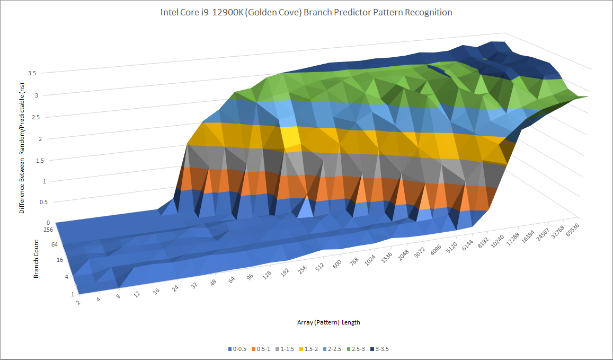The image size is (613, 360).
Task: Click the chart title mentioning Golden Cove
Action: [x=306, y=12]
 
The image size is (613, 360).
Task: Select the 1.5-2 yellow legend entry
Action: [x=313, y=349]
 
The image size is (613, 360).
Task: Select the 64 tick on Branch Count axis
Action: [x=55, y=244]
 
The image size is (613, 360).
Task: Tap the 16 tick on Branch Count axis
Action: [x=60, y=260]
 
